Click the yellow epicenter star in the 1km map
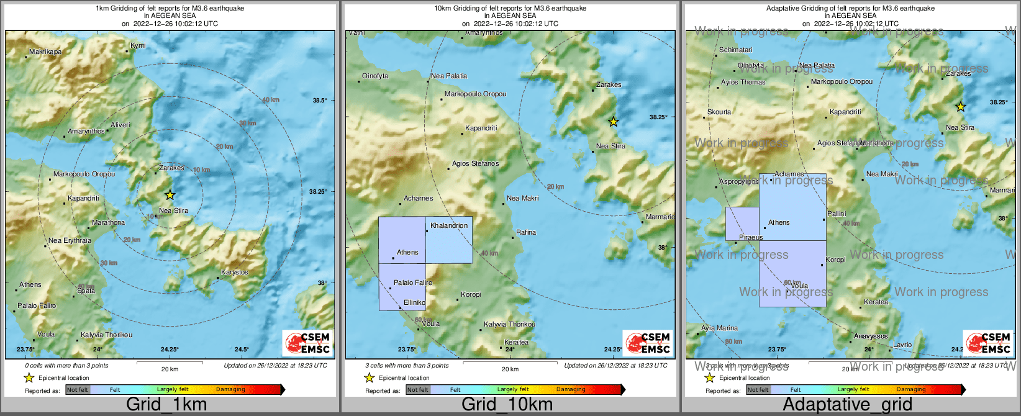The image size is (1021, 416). point(170,195)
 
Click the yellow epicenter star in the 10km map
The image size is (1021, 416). point(614,122)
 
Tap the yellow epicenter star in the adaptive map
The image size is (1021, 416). point(960,107)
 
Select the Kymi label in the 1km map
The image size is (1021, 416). point(138,46)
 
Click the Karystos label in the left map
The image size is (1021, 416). point(235,272)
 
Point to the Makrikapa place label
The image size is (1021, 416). point(46,52)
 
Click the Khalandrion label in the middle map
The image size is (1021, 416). point(449,225)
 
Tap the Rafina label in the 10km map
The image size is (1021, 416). point(526,232)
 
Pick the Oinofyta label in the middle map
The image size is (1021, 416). point(375,76)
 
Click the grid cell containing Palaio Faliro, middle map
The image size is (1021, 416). point(402,287)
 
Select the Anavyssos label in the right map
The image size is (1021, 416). point(871,336)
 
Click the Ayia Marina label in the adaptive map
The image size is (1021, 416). point(719,328)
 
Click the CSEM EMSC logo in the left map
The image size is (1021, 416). point(307,343)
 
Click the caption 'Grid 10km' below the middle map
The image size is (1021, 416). point(507,404)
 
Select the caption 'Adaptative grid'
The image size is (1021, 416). point(847,404)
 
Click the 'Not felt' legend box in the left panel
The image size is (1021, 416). point(78,390)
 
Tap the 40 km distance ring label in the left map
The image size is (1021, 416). point(270,100)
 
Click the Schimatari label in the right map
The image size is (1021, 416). point(735,50)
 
